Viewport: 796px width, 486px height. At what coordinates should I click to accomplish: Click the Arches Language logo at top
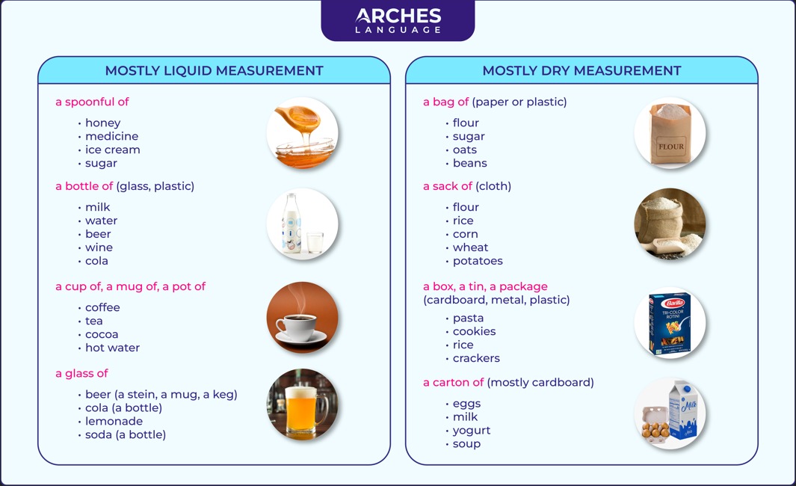click(x=398, y=21)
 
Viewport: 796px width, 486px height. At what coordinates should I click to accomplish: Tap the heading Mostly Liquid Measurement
click(x=214, y=70)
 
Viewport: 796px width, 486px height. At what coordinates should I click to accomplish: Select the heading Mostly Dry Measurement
click(x=581, y=70)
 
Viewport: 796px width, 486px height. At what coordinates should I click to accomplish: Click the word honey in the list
click(x=103, y=123)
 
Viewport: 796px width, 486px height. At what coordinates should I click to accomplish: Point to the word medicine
click(x=111, y=136)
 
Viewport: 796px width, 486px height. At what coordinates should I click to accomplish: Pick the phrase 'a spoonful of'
click(x=92, y=102)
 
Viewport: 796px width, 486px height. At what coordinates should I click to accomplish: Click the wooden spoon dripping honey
click(x=299, y=120)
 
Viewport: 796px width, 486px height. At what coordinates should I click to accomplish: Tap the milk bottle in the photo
click(x=292, y=223)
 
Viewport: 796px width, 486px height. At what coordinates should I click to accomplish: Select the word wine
click(x=99, y=247)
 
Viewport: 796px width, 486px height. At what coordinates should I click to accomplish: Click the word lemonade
click(x=114, y=421)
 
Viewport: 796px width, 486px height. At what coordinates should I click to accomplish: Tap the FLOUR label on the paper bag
click(x=671, y=147)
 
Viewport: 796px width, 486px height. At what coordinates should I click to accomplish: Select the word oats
click(x=464, y=150)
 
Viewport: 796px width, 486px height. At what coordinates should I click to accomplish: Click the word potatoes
click(x=478, y=261)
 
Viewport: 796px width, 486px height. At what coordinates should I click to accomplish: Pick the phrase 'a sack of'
click(x=448, y=186)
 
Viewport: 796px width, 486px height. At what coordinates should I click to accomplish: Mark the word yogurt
click(x=472, y=431)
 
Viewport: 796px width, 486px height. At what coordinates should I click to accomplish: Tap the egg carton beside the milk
click(x=655, y=423)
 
